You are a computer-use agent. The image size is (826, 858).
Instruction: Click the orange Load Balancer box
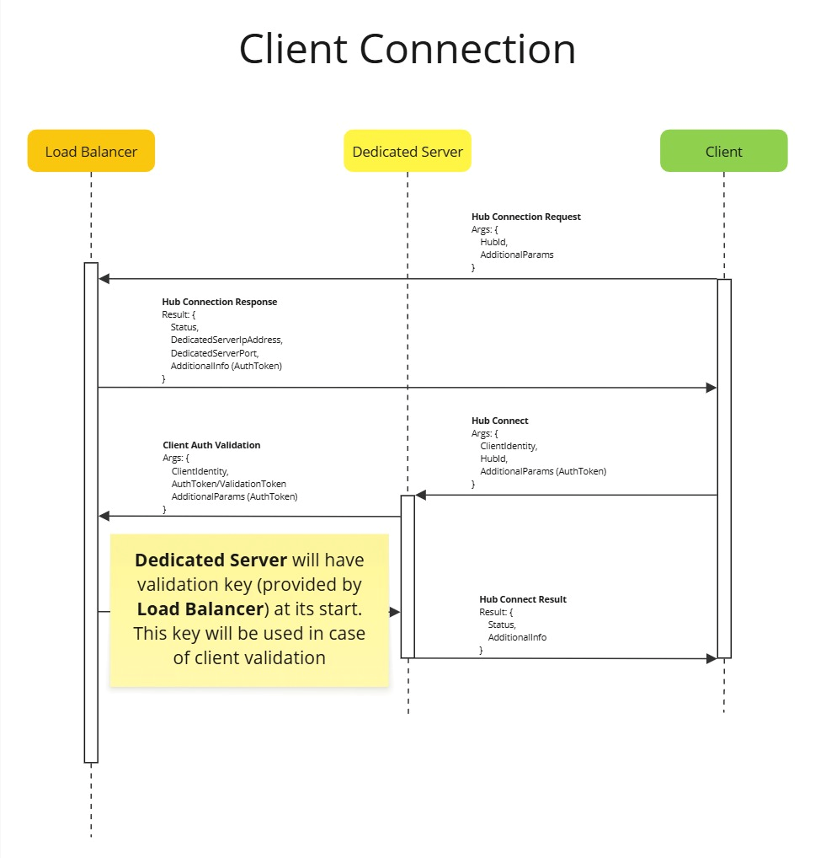91,152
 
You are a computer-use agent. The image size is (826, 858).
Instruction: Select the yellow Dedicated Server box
408,152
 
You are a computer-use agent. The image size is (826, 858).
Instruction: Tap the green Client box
723,152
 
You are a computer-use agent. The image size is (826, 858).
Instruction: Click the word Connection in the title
468,49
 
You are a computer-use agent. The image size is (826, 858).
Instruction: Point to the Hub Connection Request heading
525,217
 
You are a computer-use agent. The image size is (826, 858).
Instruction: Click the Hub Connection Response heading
219,302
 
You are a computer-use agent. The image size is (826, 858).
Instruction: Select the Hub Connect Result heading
522,599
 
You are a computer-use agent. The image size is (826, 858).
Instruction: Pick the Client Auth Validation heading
211,445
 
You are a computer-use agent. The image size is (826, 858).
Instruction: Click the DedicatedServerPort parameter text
214,353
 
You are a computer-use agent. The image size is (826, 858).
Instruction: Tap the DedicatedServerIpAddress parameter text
226,340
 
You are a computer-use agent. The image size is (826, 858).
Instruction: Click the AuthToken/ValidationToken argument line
228,484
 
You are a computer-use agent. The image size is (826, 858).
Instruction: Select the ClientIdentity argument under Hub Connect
509,446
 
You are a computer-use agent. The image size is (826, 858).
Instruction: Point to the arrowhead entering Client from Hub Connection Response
711,388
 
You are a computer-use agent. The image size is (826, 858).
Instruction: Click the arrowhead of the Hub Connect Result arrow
711,658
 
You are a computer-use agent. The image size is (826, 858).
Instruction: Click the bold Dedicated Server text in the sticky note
210,560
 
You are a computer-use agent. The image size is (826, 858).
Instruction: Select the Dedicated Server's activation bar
408,576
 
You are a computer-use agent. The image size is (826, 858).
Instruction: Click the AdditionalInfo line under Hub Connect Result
517,637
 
